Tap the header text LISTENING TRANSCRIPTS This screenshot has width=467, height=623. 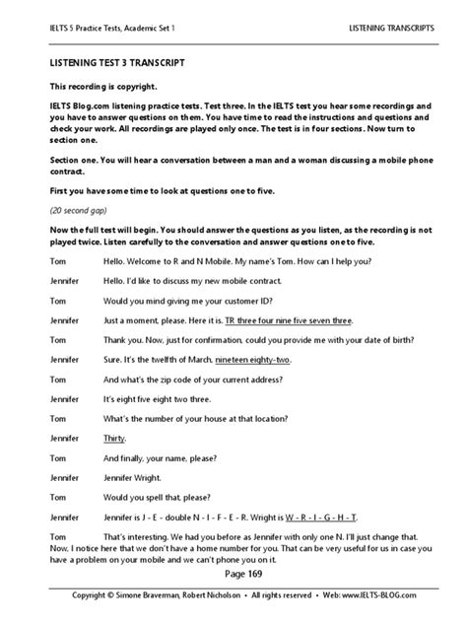(x=391, y=31)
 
